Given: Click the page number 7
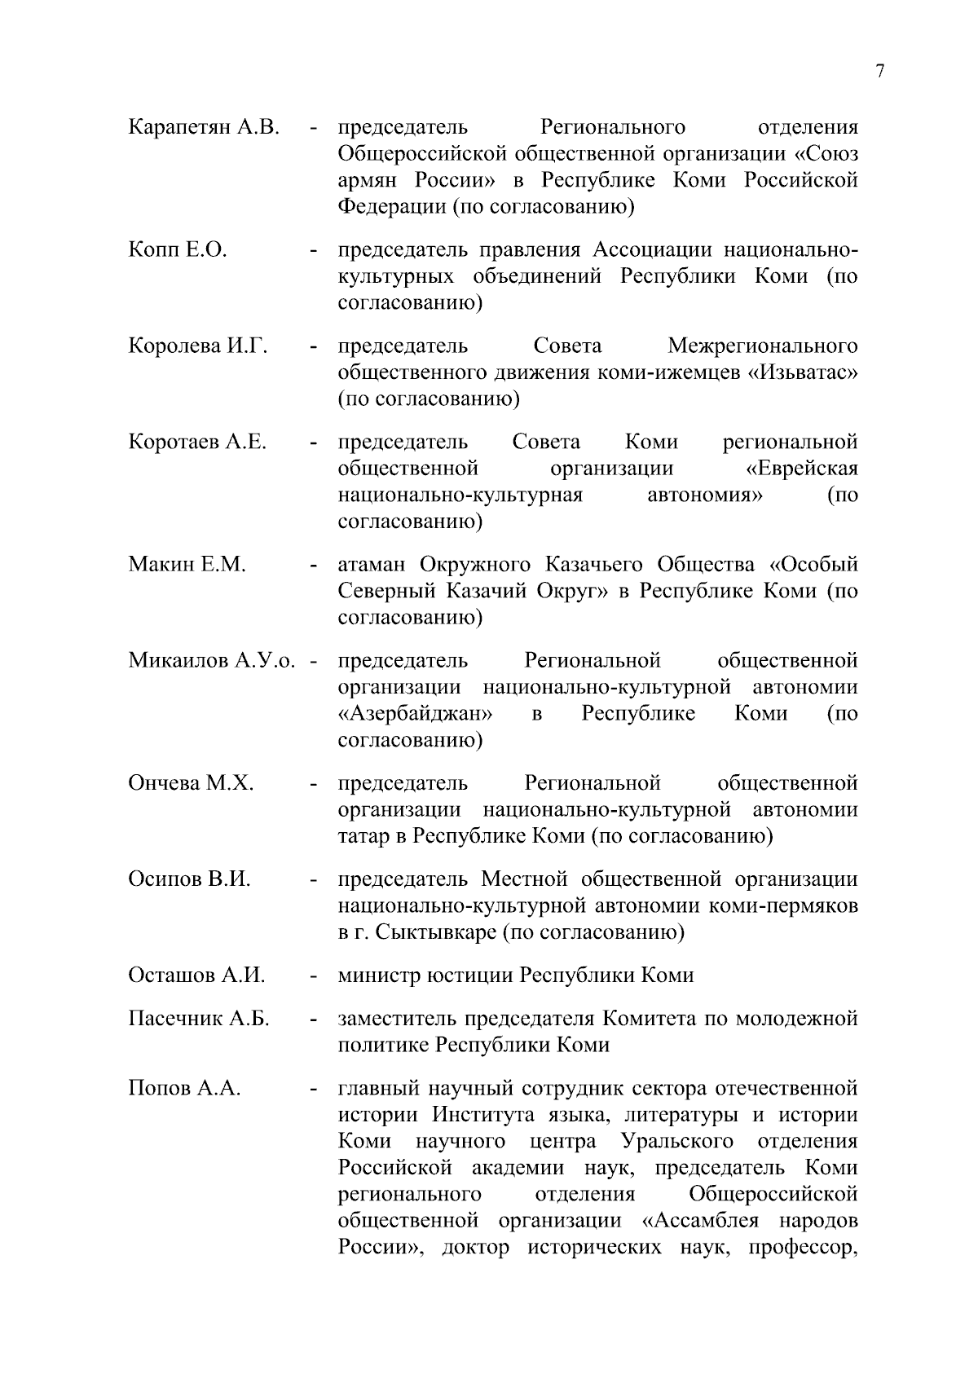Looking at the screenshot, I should coord(879,72).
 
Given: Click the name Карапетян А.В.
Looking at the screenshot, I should coord(204,127).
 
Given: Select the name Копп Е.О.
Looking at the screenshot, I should coord(178,249).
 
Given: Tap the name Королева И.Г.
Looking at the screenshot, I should coord(198,346).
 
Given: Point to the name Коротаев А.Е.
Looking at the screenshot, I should coord(197,443).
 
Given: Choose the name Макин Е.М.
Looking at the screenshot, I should coord(187,565).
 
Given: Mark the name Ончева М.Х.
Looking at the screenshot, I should coord(191,783).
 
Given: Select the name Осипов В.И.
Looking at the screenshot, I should coord(189,879).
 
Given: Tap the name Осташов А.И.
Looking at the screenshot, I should coord(196,976).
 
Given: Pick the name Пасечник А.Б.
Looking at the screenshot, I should coord(199,1019).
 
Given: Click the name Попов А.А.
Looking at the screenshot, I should coord(184,1089).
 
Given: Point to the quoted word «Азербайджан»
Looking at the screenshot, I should coord(416,714).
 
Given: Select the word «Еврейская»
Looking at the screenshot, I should coord(802,469).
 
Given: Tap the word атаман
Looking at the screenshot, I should coord(373,565).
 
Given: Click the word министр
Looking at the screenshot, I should coord(379,976).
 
